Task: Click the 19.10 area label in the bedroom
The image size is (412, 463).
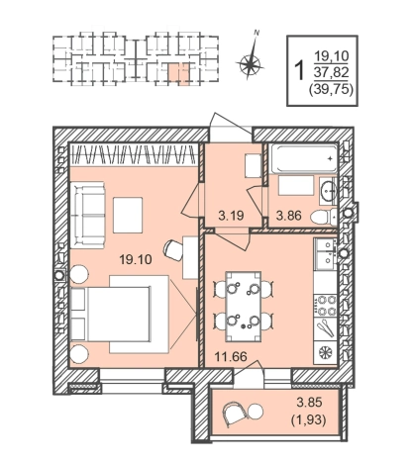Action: pyautogui.click(x=136, y=260)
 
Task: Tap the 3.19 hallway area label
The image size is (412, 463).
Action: pyautogui.click(x=231, y=216)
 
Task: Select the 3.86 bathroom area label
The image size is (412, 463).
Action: pyautogui.click(x=289, y=216)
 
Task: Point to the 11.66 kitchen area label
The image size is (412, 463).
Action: pyautogui.click(x=231, y=356)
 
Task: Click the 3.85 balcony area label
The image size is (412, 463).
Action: pyautogui.click(x=309, y=403)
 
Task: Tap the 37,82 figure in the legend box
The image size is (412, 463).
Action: pyautogui.click(x=331, y=72)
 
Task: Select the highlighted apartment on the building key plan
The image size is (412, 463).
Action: pyautogui.click(x=180, y=74)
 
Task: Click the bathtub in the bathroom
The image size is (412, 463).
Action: pyautogui.click(x=304, y=159)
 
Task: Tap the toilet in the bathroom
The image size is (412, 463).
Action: pyautogui.click(x=324, y=217)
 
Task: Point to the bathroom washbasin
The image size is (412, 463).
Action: pyautogui.click(x=328, y=191)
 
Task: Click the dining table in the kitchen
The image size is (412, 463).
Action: pyautogui.click(x=244, y=307)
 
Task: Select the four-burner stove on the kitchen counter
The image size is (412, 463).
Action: pyautogui.click(x=325, y=306)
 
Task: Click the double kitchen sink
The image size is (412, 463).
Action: pyautogui.click(x=325, y=252)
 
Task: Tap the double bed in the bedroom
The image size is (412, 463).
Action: pyautogui.click(x=111, y=314)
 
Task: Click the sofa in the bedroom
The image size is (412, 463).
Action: pyautogui.click(x=87, y=215)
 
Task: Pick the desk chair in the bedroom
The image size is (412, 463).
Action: pyautogui.click(x=173, y=250)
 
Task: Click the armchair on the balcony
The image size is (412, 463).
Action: pyautogui.click(x=235, y=414)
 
